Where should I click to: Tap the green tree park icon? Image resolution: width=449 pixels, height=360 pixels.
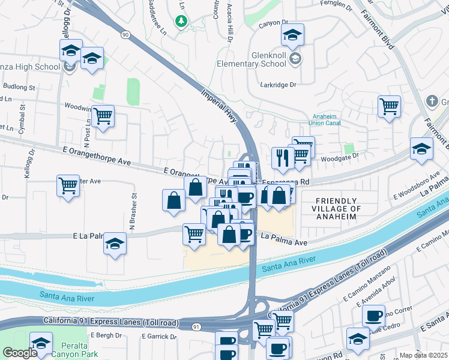coord(181,22)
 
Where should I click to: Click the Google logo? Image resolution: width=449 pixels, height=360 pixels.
coord(19,353)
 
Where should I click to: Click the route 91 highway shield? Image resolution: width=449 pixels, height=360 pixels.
coord(196,326)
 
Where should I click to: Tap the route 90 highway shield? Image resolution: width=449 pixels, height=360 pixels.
coord(124,35)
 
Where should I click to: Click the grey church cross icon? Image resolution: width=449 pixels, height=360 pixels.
coord(431,100)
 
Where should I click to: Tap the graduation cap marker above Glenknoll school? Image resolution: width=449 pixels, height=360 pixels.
coord(292,35)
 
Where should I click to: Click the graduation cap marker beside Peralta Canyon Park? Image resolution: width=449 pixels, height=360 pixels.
coord(41,343)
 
